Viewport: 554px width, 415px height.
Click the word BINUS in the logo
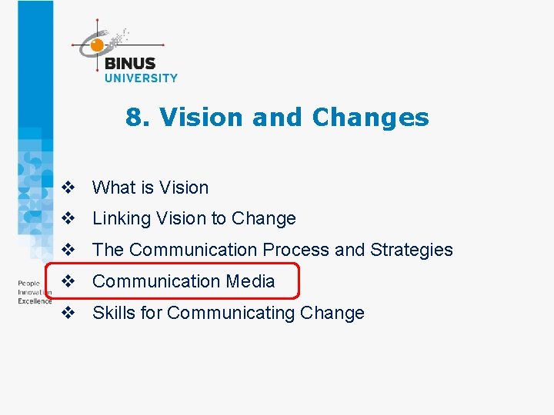[x=129, y=64]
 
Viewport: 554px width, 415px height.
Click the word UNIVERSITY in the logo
[x=141, y=78]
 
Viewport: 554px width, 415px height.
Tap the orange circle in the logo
[x=97, y=45]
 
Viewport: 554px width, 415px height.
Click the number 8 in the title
[x=134, y=118]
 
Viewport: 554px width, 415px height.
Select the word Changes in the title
[x=370, y=118]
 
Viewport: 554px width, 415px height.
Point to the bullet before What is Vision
[x=68, y=188]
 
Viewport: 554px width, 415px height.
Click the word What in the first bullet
[x=113, y=188]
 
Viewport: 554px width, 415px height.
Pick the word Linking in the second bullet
[x=122, y=219]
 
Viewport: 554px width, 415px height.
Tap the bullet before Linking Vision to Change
[x=68, y=219]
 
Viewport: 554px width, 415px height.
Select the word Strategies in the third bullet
[x=412, y=250]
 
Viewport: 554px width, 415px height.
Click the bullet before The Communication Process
[x=68, y=250]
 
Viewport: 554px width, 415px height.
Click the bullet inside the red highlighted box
[x=68, y=281]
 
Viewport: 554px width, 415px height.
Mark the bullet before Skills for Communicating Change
[x=68, y=313]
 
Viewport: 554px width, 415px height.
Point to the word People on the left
[x=28, y=284]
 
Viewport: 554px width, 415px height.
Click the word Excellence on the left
[x=35, y=301]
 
